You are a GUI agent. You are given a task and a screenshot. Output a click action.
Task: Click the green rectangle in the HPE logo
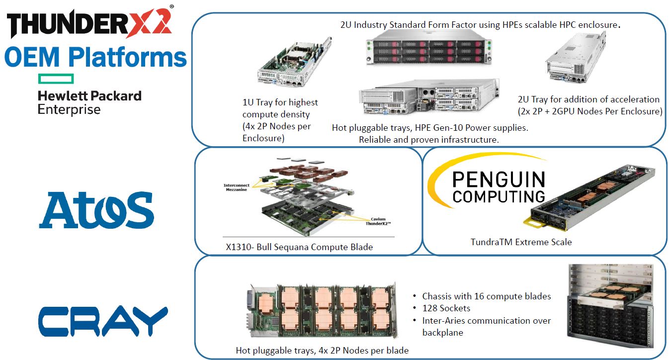tap(56, 79)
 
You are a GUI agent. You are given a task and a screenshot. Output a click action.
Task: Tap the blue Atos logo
tap(96, 210)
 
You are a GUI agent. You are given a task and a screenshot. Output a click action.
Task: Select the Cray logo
tap(103, 321)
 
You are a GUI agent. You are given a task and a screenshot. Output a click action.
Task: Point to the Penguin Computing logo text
tap(499, 187)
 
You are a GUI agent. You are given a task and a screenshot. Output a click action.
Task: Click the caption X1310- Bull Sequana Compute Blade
tap(299, 247)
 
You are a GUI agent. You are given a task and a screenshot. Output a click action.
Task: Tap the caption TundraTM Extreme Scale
tap(521, 242)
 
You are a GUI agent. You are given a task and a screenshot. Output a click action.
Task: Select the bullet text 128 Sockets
tap(446, 308)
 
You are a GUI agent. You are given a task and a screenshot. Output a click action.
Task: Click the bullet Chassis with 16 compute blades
tap(486, 296)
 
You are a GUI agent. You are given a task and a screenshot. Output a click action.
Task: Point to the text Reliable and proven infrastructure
tap(428, 140)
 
